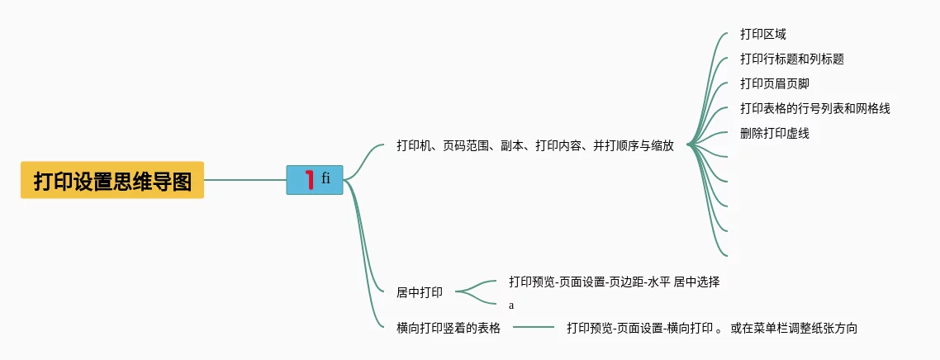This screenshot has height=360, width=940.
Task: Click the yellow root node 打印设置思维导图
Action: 112,180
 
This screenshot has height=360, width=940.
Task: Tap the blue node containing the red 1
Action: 315,180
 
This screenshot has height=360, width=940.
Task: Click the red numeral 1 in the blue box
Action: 309,179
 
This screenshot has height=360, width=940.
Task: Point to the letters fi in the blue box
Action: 326,177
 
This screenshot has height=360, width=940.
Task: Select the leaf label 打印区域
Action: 762,35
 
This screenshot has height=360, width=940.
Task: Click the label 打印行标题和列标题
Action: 791,59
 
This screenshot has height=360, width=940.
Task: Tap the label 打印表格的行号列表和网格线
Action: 814,109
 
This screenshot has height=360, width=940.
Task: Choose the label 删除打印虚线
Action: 774,133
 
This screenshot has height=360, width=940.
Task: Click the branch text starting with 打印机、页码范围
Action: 534,146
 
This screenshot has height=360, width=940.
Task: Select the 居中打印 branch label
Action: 420,292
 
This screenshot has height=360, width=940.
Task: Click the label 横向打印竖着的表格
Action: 449,328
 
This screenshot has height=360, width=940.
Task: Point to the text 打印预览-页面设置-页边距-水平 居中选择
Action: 614,282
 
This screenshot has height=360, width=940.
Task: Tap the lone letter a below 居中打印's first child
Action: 511,306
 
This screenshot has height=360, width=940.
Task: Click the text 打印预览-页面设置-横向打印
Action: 639,328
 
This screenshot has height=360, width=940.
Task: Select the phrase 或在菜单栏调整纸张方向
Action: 794,328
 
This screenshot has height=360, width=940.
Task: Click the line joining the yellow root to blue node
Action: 244,180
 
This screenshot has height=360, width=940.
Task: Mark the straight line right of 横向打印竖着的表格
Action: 534,328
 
